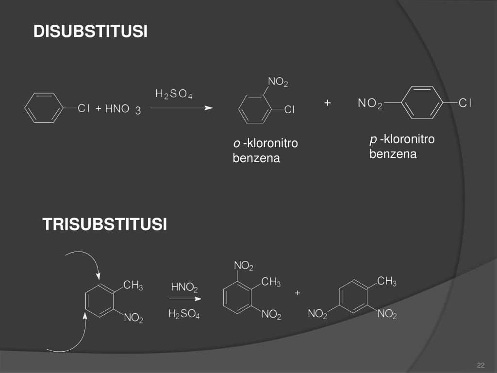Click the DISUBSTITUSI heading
[x=90, y=32]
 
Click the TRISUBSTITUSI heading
[x=104, y=224]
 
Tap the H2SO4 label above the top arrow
[x=174, y=94]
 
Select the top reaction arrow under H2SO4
[x=182, y=108]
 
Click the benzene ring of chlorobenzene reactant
[x=43, y=108]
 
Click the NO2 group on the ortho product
[x=278, y=82]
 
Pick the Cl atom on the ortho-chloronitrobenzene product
[x=289, y=110]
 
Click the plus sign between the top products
[x=328, y=103]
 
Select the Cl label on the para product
[x=465, y=103]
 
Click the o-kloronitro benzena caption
[x=265, y=151]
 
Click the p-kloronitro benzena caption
[x=401, y=147]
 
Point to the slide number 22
[x=481, y=365]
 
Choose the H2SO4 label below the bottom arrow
[x=184, y=314]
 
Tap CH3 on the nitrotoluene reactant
[x=133, y=286]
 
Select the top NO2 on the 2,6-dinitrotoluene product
[x=244, y=266]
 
